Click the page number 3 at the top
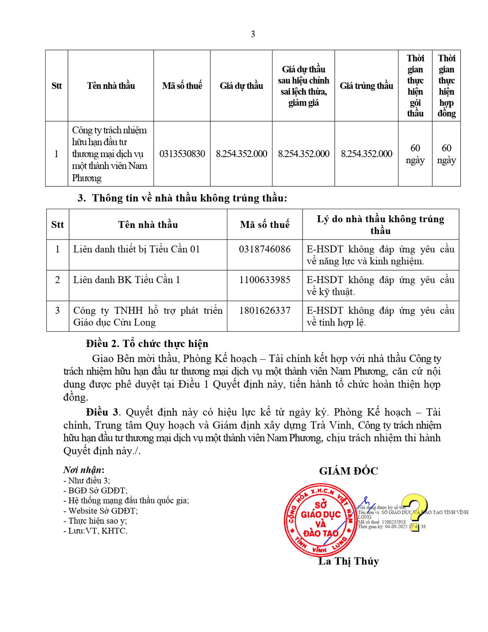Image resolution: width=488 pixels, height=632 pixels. [x=253, y=34]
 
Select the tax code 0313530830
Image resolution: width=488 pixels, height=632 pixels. [x=182, y=154]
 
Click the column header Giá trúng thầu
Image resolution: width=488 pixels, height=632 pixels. [x=366, y=86]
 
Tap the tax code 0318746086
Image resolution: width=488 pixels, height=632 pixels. [x=265, y=249]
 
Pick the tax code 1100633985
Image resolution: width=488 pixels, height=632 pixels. [x=265, y=280]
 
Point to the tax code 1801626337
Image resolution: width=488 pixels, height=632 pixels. [x=265, y=311]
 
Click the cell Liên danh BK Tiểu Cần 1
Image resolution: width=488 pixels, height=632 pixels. [x=126, y=280]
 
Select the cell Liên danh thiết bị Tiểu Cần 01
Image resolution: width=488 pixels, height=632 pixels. [x=137, y=249]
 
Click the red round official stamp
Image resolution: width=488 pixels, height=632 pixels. [x=320, y=520]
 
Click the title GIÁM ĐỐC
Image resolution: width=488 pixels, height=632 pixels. [x=349, y=471]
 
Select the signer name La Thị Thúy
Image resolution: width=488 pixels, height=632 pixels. [x=349, y=561]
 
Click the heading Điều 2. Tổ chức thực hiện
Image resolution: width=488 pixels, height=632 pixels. [x=147, y=343]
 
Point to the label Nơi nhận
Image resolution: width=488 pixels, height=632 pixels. [x=83, y=470]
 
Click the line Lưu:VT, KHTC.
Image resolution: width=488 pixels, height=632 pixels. [x=95, y=531]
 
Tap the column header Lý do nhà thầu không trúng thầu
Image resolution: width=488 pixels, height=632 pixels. [x=380, y=225]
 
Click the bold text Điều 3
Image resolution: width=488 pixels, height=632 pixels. [x=103, y=412]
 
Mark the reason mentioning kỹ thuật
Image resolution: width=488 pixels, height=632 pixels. [x=380, y=286]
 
